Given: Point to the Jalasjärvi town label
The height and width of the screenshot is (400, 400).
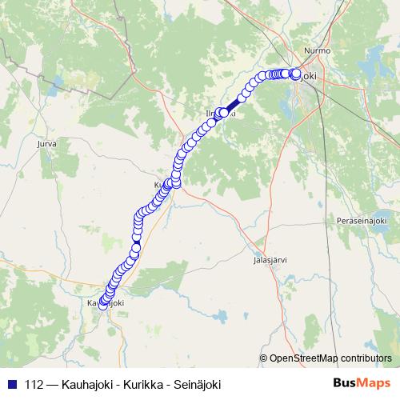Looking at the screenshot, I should point(270,260).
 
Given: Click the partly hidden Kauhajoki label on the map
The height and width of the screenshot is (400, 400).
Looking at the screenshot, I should point(105,303).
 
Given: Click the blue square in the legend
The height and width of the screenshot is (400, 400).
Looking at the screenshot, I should point(10,384).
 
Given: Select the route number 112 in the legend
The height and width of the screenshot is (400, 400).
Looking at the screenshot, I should point(34,384).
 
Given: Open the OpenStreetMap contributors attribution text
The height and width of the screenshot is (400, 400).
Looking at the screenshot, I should point(335,358).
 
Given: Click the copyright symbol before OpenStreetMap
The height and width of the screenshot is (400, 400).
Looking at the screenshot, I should point(264,358).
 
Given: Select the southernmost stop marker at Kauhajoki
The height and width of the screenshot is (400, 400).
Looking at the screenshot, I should point(103,305).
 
